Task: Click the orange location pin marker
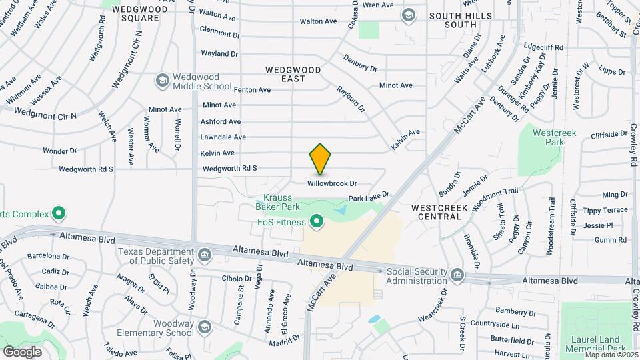pyautogui.click(x=321, y=159)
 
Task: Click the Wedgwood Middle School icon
pyautogui.click(x=161, y=81)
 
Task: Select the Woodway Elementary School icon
pyautogui.click(x=204, y=327)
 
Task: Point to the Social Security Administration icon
pyautogui.click(x=457, y=275)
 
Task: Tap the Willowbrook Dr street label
pyautogui.click(x=333, y=183)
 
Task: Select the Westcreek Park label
pyautogui.click(x=549, y=137)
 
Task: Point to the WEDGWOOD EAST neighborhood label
pyautogui.click(x=293, y=74)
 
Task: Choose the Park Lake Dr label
pyautogui.click(x=369, y=198)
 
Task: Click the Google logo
pyautogui.click(x=22, y=351)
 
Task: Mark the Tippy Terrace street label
pyautogui.click(x=605, y=210)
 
